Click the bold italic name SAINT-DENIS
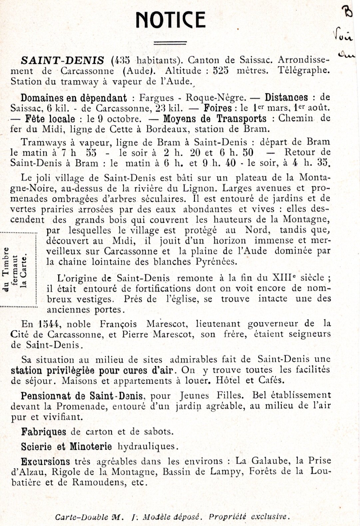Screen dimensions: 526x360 pyautogui.click(x=62, y=61)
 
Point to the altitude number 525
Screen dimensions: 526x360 pyautogui.click(x=221, y=71)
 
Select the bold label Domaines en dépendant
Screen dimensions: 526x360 pyautogui.click(x=74, y=98)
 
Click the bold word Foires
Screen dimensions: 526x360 pyautogui.click(x=218, y=108)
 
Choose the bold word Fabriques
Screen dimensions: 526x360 pyautogui.click(x=44, y=432)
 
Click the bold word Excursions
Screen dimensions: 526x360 pyautogui.click(x=46, y=462)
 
